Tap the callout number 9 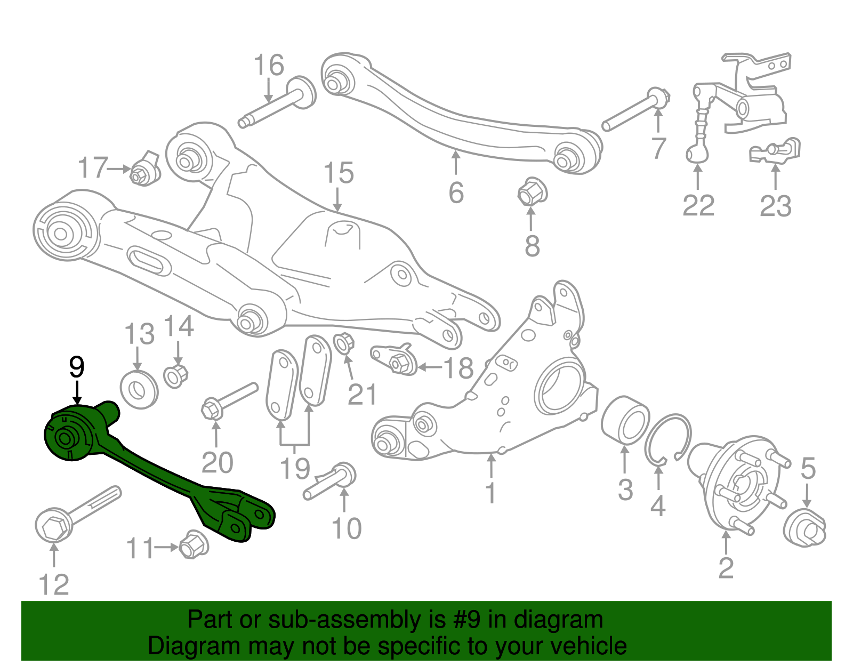(77, 367)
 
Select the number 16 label (269, 66)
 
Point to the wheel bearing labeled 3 (625, 420)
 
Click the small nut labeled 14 (176, 375)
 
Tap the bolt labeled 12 (75, 512)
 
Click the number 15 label (339, 173)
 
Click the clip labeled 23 (776, 150)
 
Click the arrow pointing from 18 (429, 367)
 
